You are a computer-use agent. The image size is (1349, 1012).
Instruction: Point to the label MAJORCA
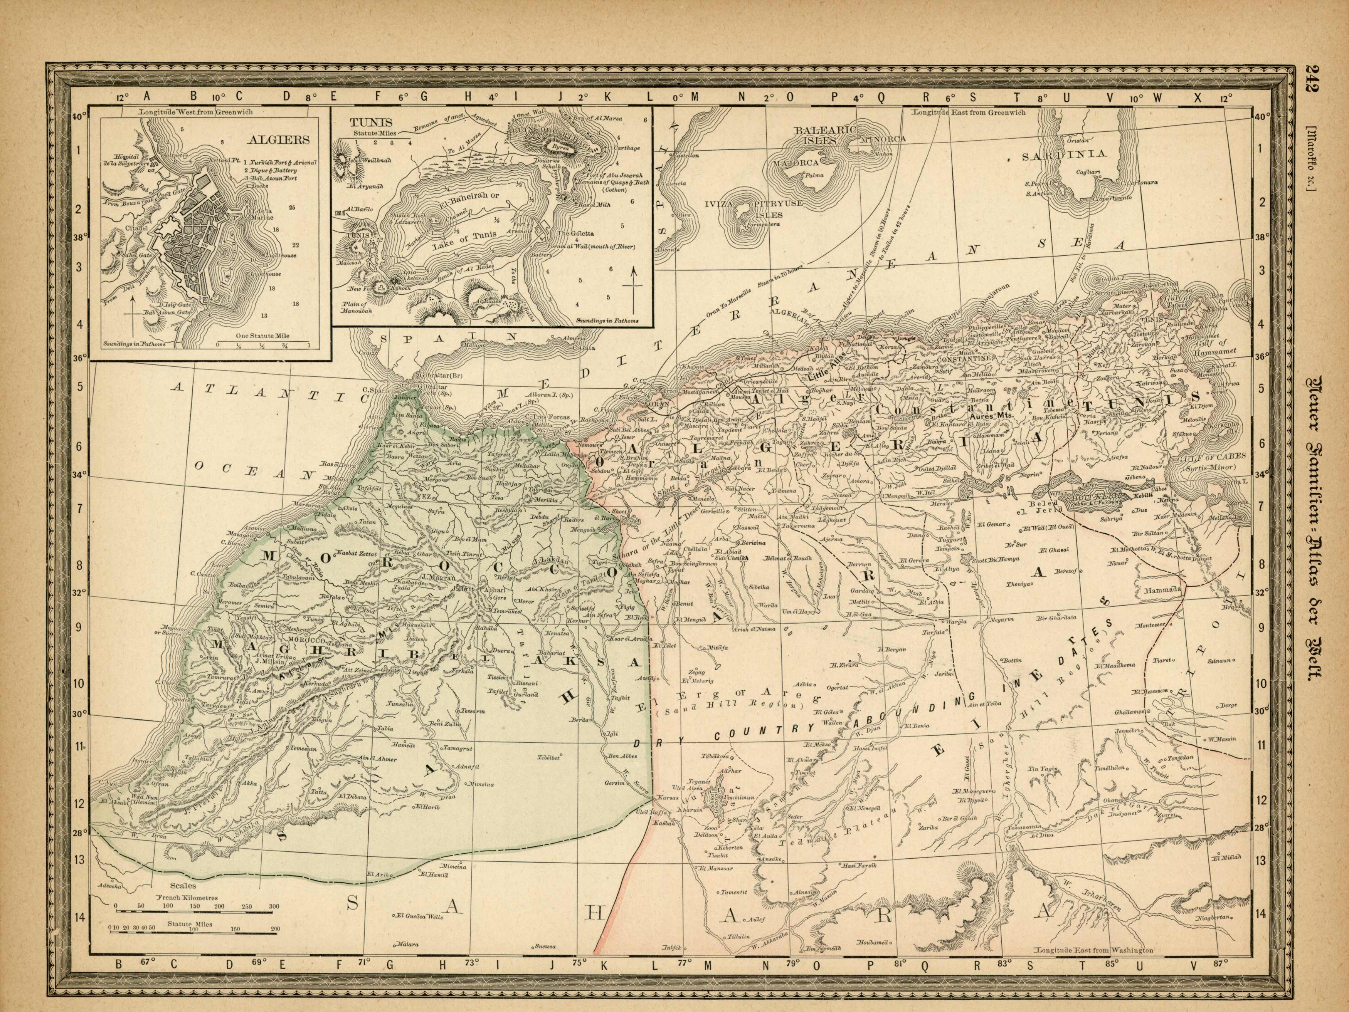[x=796, y=163]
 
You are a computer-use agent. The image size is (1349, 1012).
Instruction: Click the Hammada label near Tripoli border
[x=1163, y=591]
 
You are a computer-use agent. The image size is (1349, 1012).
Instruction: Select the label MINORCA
[x=883, y=139]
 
